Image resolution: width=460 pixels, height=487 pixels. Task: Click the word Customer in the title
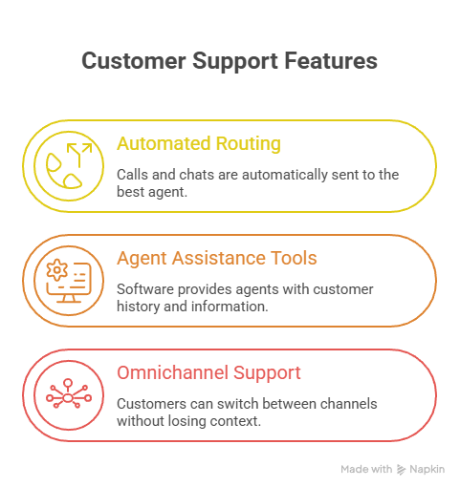coord(134,60)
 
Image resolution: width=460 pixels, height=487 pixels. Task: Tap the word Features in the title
coord(331,60)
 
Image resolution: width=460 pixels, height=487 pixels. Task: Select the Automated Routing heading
coord(199,143)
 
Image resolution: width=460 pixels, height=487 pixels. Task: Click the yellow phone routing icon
coord(69,166)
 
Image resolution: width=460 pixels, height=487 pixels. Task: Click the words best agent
coord(152,192)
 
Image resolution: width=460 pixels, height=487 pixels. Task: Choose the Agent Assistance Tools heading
coord(217,258)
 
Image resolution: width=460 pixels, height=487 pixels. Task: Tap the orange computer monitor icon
coord(69,281)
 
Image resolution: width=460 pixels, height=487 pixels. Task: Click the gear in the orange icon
coord(57,270)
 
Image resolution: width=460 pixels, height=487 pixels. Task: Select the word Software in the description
coord(146,289)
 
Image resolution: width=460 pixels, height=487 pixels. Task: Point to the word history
coord(139,307)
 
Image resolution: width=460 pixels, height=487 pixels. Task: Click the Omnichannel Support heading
coord(208,372)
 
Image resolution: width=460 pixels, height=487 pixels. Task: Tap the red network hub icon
coord(69,394)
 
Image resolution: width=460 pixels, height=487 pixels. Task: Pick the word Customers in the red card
coord(151,404)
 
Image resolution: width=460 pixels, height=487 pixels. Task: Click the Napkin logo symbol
coord(401,470)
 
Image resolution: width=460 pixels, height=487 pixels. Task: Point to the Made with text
coord(366,469)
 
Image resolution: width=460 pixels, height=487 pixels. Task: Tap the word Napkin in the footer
coord(427,470)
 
